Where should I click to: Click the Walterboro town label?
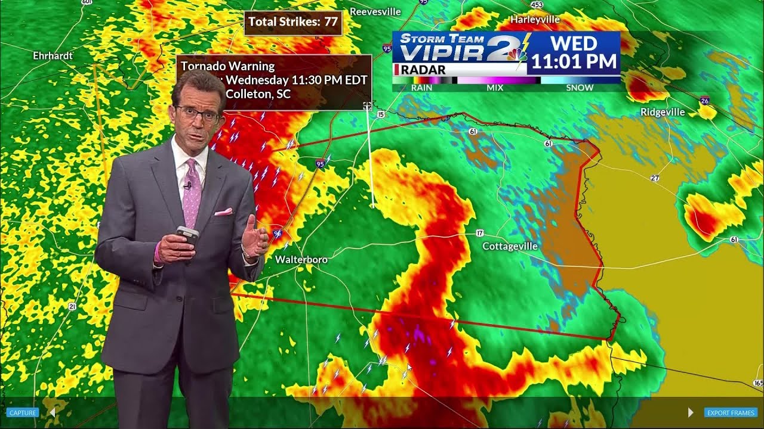pos(301,260)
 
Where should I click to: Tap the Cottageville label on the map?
pos(510,246)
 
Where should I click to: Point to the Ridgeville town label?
pos(663,112)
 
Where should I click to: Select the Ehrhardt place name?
pos(53,55)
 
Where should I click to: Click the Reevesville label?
pos(375,11)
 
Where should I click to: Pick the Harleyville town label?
pos(535,20)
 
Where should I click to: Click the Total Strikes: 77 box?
pos(293,22)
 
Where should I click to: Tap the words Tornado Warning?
pos(227,66)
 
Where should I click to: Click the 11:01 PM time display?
pos(573,61)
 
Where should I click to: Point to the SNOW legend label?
pos(580,88)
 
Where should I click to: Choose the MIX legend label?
pos(495,88)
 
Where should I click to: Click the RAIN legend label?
pos(421,88)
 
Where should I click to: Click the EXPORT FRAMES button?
pos(731,412)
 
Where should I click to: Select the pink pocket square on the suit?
pos(223,212)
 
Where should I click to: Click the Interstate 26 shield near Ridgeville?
pos(705,100)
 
